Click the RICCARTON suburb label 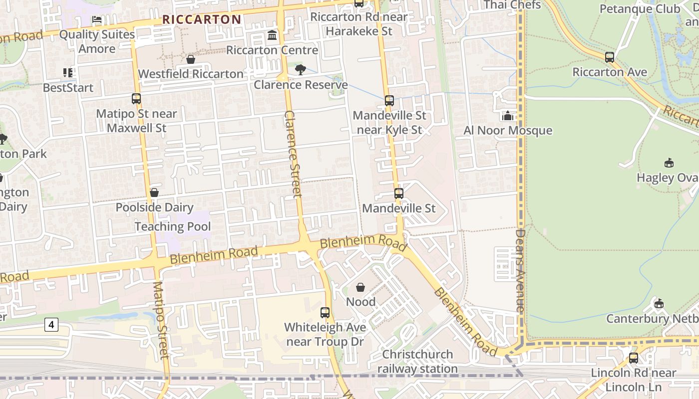click(202, 19)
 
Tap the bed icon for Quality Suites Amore click(97, 19)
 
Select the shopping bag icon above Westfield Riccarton click(190, 59)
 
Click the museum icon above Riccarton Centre click(272, 35)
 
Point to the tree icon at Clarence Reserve click(300, 70)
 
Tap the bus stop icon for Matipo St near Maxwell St click(136, 99)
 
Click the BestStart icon click(68, 73)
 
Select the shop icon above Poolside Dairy click(154, 193)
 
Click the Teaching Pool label click(172, 226)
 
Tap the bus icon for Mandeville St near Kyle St click(389, 101)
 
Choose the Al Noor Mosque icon click(508, 116)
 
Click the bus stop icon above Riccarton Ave click(610, 57)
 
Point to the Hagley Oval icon click(669, 163)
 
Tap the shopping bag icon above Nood click(360, 287)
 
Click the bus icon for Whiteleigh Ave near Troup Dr click(325, 313)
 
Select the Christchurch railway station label click(417, 362)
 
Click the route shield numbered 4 click(51, 325)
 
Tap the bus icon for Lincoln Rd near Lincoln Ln click(634, 358)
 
